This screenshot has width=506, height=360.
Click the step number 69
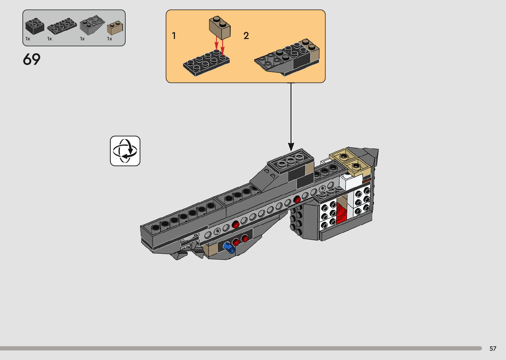(32, 60)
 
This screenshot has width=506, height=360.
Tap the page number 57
(493, 348)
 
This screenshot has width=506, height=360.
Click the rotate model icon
(125, 151)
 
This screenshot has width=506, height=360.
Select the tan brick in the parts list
(115, 28)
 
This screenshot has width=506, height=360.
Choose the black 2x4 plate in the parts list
(62, 26)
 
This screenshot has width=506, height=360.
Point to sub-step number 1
(174, 36)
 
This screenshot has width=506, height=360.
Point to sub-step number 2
(246, 36)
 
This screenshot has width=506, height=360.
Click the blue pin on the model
(229, 247)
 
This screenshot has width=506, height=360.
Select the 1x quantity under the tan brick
(109, 39)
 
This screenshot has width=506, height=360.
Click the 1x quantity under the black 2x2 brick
(28, 39)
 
